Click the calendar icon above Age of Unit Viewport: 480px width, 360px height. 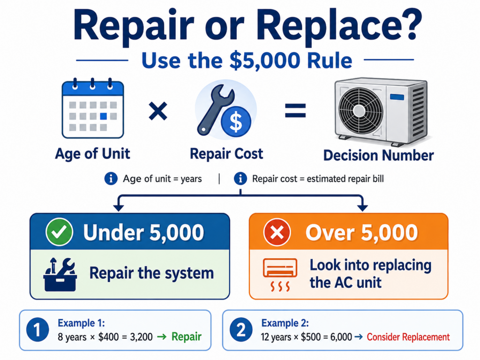93,108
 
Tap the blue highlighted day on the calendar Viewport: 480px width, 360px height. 104,116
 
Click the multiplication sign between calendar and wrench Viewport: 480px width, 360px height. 158,111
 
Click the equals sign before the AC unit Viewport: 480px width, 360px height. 295,111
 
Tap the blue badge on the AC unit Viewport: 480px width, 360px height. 397,97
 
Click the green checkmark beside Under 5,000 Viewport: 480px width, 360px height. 59,232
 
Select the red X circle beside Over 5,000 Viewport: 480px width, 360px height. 277,232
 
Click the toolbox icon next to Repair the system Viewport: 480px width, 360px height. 60,274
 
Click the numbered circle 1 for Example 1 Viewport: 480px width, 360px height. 37,330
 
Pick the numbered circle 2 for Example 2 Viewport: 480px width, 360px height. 241,330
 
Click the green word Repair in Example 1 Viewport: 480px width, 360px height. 187,337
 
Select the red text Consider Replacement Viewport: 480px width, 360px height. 408,337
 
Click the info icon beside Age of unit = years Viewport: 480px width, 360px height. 111,179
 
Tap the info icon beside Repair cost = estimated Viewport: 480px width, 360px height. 240,179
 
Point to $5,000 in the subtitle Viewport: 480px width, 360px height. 265,60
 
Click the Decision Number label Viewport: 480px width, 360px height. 379,155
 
